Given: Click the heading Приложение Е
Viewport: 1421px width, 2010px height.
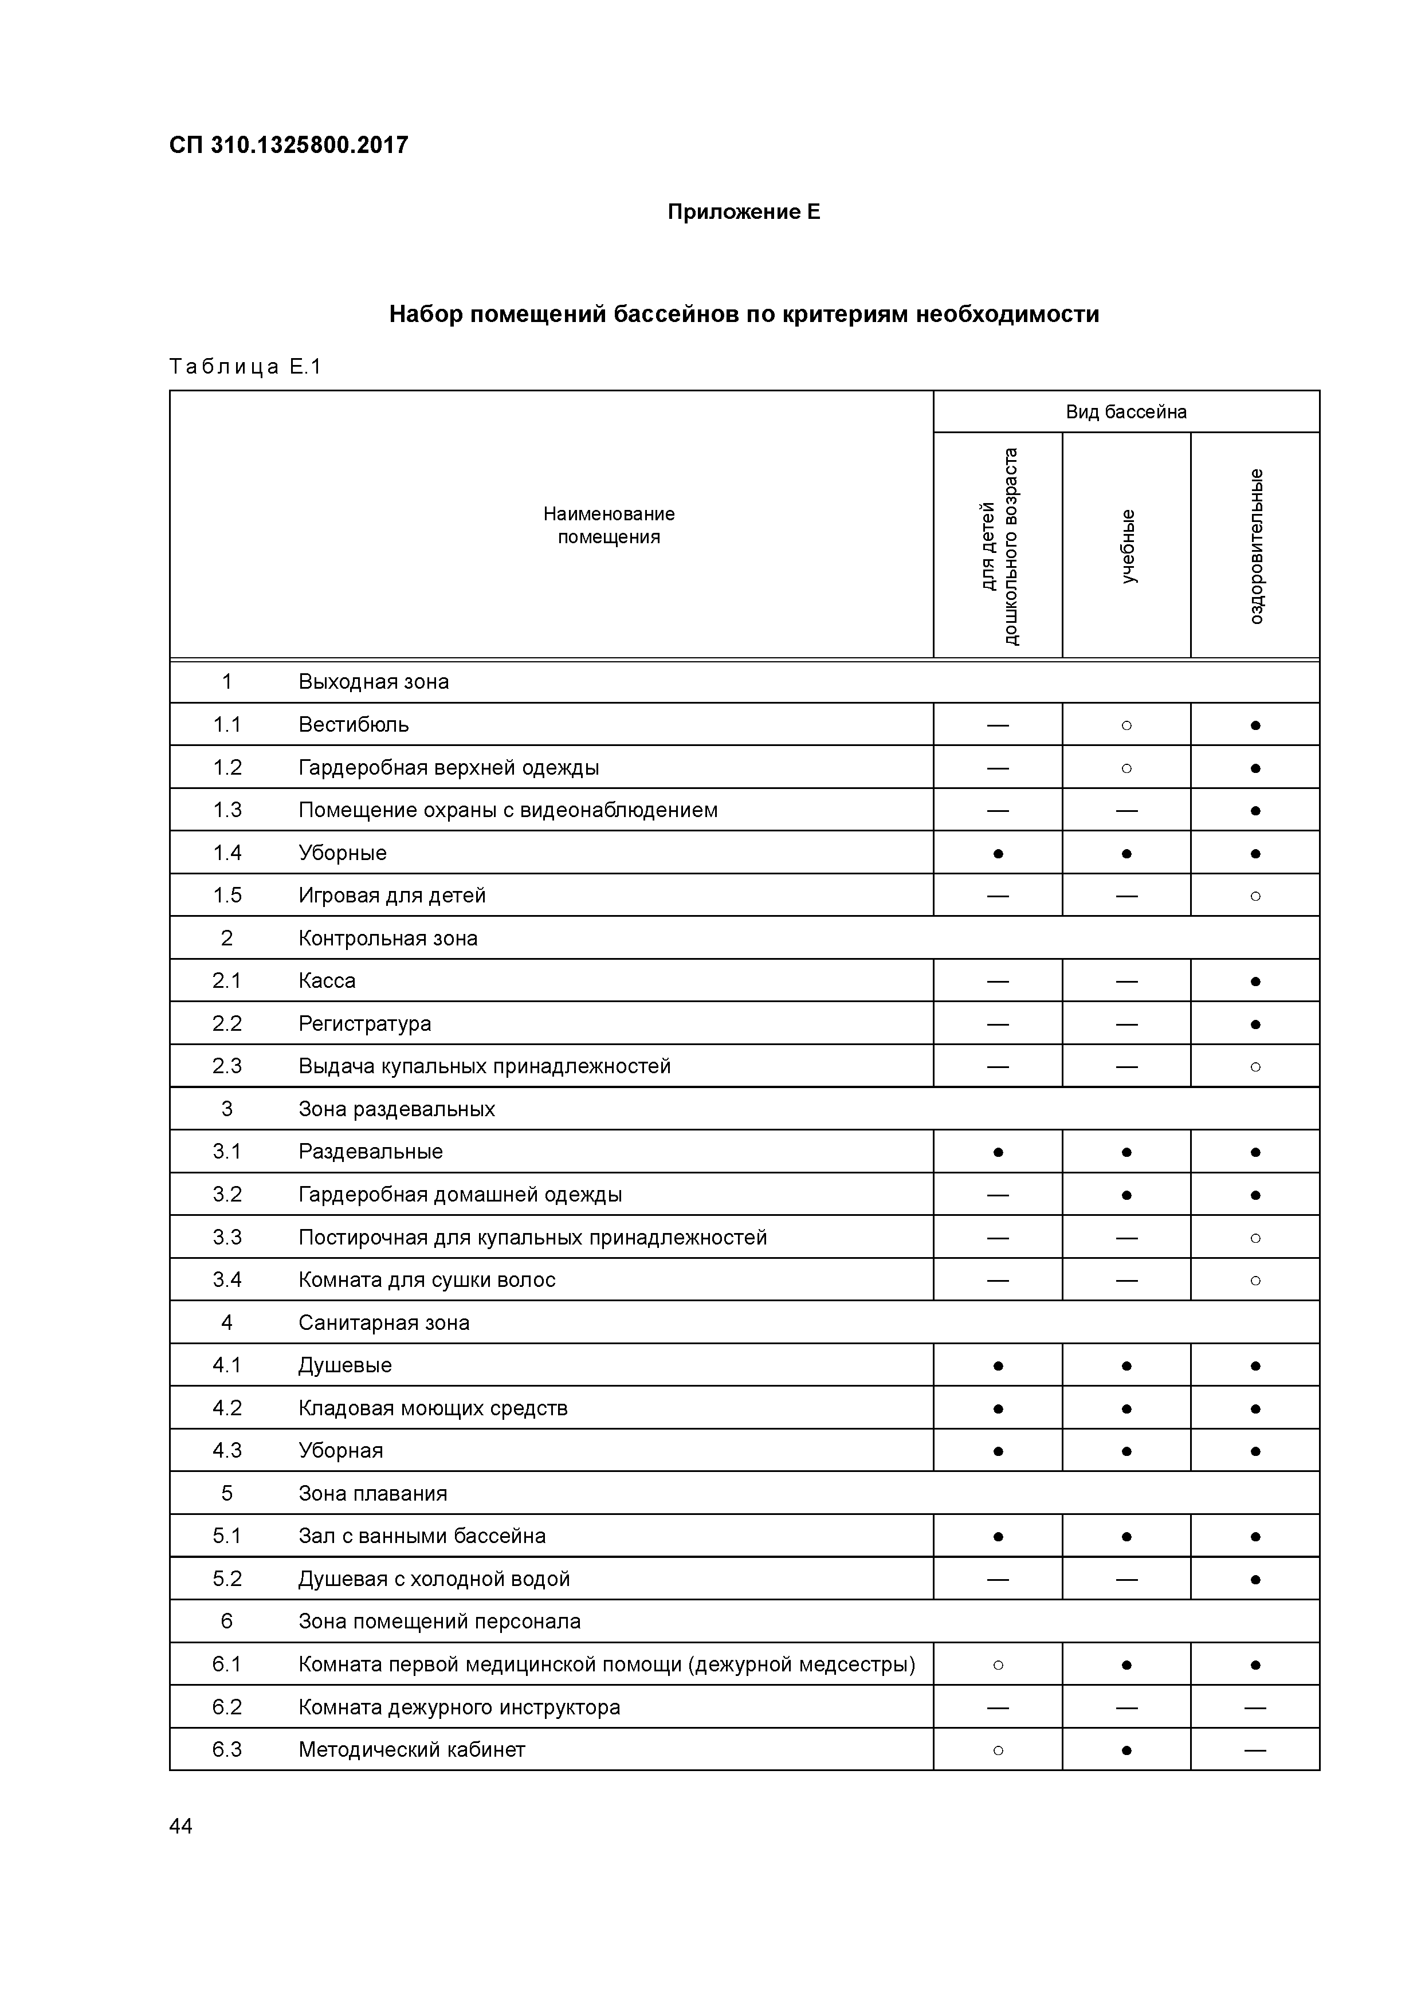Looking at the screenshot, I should point(743,212).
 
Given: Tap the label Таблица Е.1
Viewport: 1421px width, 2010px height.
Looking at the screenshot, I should point(245,367).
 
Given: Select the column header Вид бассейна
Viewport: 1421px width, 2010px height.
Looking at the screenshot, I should point(1125,413).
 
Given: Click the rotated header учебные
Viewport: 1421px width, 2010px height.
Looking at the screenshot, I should point(1128,546).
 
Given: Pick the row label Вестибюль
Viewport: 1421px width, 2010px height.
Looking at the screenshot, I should point(353,725).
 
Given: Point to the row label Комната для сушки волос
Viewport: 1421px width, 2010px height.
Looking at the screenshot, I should point(426,1280).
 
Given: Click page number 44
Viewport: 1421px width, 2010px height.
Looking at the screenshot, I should point(180,1826).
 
